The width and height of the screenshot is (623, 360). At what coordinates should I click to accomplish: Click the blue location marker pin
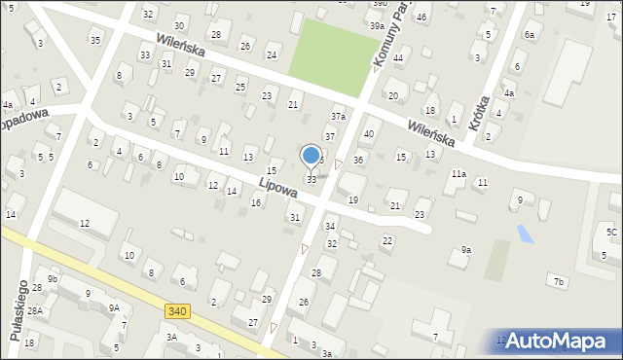tap(311, 155)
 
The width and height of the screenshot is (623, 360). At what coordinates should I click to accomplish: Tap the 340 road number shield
tap(177, 311)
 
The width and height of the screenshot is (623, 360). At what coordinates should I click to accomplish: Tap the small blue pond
tap(527, 234)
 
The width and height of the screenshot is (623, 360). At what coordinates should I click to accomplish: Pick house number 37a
tap(338, 117)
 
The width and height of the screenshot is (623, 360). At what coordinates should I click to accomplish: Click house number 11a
tap(458, 174)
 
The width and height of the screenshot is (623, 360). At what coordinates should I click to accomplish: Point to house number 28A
tap(35, 311)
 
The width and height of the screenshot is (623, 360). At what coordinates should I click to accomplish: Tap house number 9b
tap(53, 280)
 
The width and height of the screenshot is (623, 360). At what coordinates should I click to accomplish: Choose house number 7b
tap(559, 282)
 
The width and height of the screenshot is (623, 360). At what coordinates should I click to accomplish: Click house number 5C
tap(611, 232)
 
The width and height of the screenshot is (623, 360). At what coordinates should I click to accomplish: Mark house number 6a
tap(530, 34)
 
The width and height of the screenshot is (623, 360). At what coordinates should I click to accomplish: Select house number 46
tap(421, 18)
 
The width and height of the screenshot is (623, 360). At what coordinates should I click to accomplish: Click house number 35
tap(94, 40)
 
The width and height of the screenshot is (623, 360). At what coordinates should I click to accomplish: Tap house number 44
tap(398, 58)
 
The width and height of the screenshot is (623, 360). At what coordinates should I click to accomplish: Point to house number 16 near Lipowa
tap(256, 202)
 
